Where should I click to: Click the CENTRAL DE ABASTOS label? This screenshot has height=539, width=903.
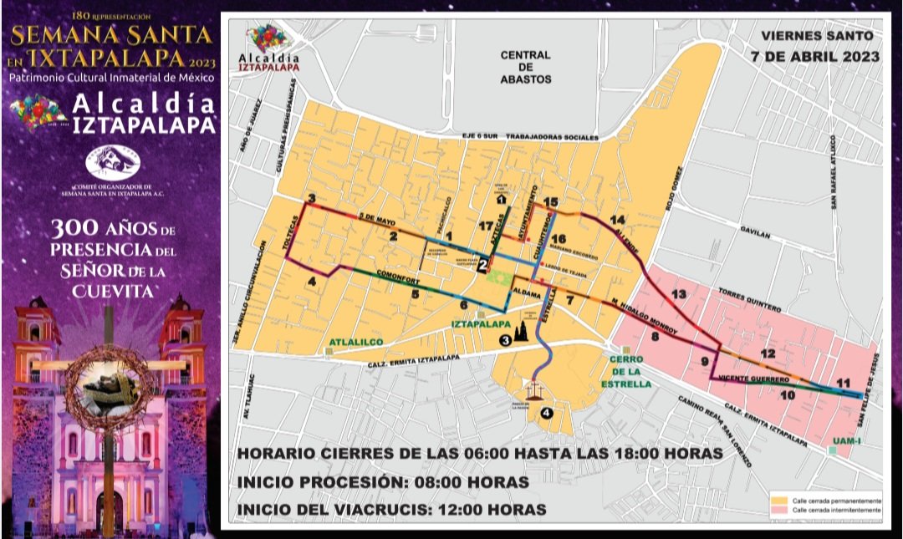[525, 67]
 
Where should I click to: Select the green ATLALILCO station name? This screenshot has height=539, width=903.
[355, 342]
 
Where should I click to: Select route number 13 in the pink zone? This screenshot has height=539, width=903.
[678, 294]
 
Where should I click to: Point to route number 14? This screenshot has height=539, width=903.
[618, 220]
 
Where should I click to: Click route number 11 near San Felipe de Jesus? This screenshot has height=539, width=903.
[844, 383]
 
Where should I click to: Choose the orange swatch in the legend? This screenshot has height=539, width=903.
[779, 501]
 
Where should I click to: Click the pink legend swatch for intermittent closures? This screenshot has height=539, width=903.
[779, 510]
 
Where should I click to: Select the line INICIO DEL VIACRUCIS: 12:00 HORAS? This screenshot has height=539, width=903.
[392, 509]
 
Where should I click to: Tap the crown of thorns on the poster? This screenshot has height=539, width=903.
[110, 389]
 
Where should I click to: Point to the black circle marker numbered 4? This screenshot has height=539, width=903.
[547, 411]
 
